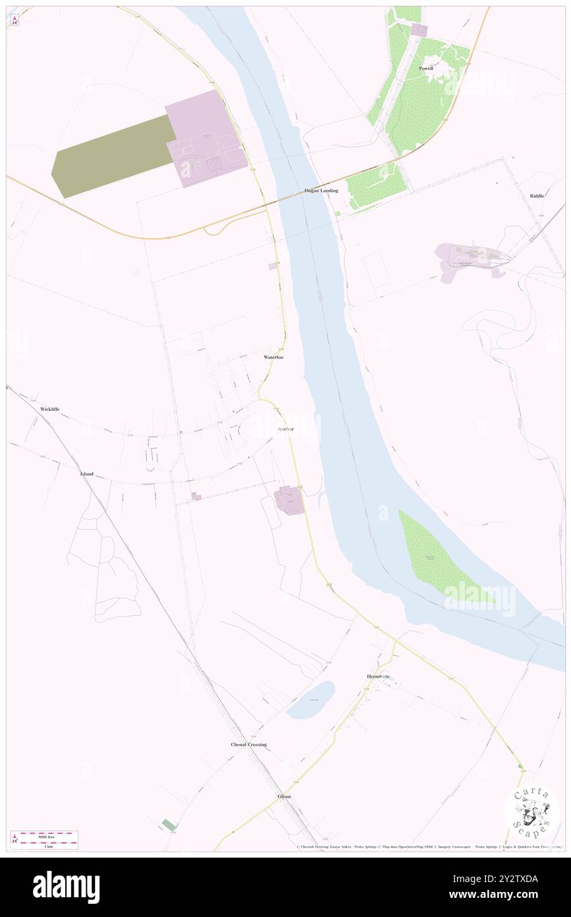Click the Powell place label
[x=426, y=68]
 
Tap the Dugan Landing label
[x=321, y=191]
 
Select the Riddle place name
[x=537, y=196]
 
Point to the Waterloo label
[x=274, y=357]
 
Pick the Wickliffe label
[x=49, y=409]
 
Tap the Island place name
[x=87, y=474]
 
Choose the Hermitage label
[x=378, y=677]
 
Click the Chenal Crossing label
[x=249, y=744]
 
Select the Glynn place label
[x=284, y=796]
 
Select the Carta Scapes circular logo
[x=531, y=811]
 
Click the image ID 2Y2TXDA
[x=510, y=879]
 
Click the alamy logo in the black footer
[x=66, y=886]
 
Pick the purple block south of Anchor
[x=289, y=500]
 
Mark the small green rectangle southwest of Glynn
[x=169, y=825]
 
